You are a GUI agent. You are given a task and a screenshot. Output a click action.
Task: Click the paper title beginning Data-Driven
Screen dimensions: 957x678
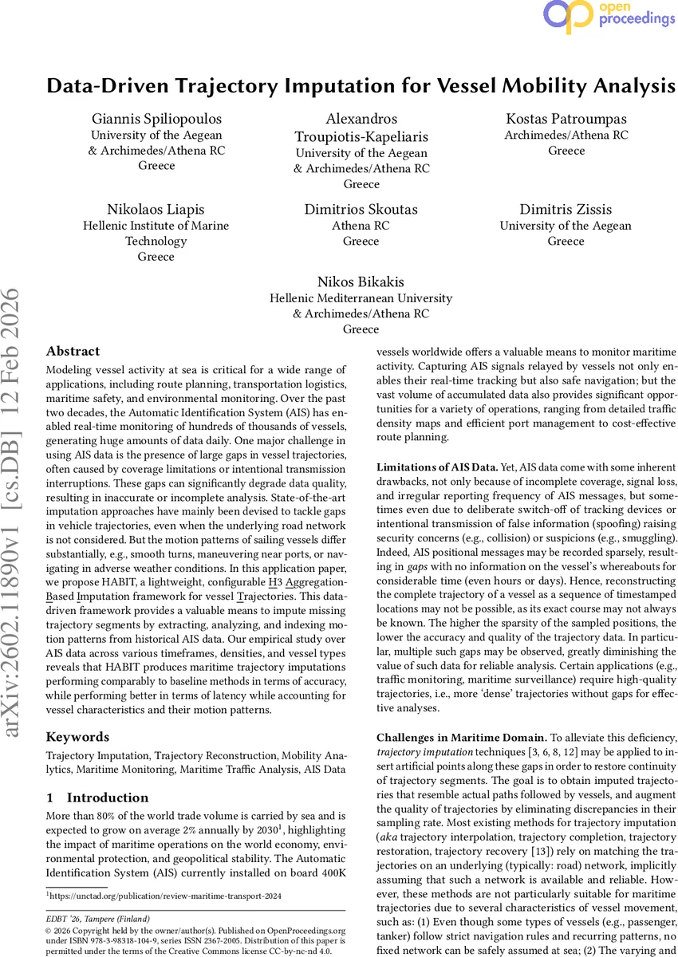tap(361, 86)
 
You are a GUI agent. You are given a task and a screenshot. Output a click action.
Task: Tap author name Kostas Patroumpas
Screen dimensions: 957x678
tap(566, 119)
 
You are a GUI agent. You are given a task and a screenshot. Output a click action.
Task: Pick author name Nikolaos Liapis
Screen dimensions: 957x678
tap(156, 210)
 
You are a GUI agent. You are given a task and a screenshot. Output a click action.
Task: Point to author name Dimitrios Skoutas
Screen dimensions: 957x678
tap(361, 210)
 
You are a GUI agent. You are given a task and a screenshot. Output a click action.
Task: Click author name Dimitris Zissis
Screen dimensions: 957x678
tap(566, 210)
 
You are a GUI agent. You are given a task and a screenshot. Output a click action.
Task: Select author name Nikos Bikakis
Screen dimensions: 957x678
tap(361, 282)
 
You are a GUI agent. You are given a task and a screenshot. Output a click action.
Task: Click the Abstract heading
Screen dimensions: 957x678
tap(73, 351)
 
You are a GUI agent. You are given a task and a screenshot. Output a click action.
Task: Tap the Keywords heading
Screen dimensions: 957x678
tap(77, 737)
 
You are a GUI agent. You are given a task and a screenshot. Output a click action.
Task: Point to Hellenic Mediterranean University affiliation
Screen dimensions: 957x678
tap(361, 298)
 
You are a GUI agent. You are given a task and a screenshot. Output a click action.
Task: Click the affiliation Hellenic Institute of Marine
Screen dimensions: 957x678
tap(156, 226)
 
